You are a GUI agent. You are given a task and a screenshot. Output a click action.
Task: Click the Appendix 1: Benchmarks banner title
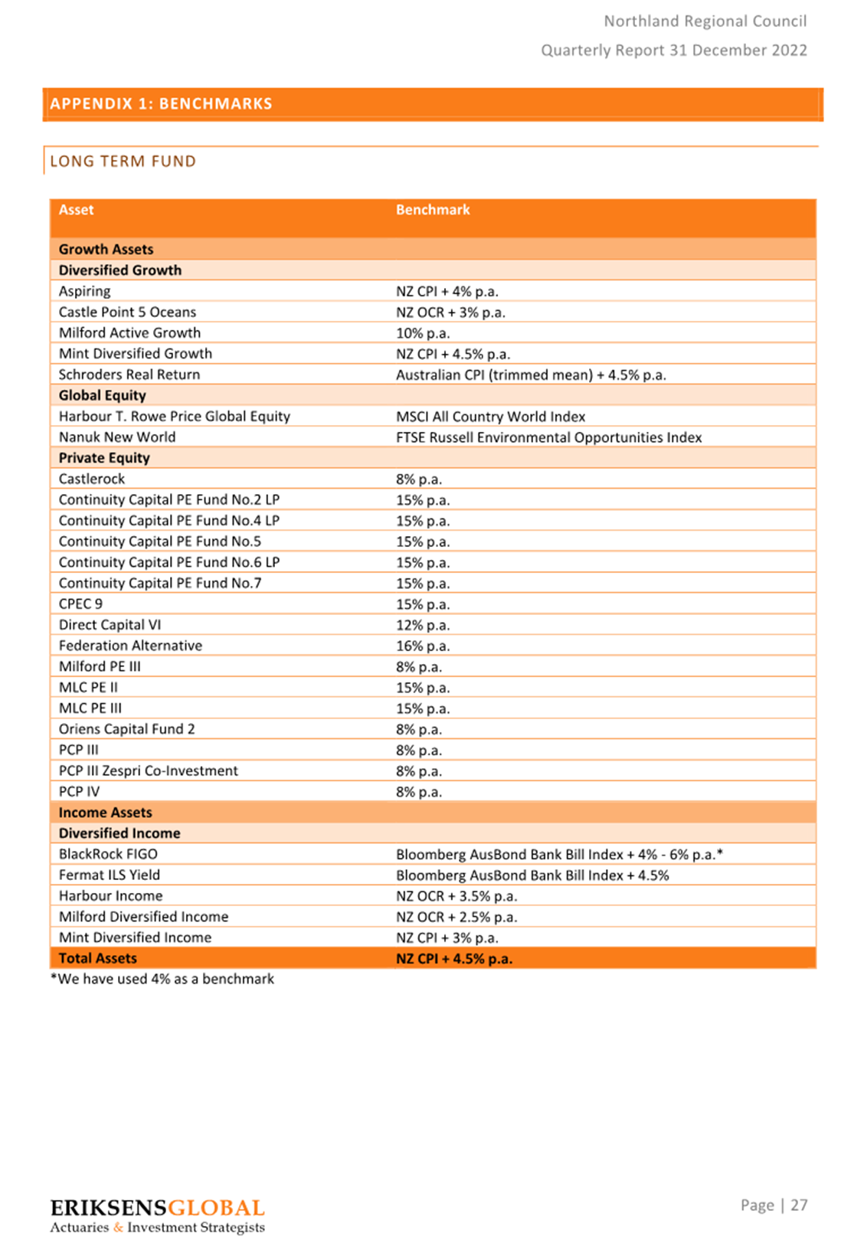click(161, 103)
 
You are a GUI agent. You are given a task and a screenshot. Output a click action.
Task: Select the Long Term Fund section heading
click(123, 162)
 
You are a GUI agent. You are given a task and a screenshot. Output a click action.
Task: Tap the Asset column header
click(76, 210)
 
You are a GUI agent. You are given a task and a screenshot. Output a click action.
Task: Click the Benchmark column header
click(433, 210)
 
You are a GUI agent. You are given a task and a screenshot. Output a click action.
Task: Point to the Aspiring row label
click(84, 291)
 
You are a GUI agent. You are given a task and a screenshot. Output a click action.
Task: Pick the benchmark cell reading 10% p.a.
click(423, 333)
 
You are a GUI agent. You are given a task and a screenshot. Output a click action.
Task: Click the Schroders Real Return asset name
click(129, 375)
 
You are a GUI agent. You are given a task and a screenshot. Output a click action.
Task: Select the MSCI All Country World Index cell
click(490, 417)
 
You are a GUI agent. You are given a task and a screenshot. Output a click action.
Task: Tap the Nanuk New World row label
click(116, 437)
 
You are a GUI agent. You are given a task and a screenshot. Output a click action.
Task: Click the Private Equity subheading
click(104, 458)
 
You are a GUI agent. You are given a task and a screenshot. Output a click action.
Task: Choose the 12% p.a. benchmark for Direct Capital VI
click(423, 625)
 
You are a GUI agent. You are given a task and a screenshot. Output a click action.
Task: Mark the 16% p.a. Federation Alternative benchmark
click(423, 646)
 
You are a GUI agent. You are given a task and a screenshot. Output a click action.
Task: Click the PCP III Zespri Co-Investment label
click(148, 770)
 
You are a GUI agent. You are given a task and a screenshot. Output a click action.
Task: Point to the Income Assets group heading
click(105, 813)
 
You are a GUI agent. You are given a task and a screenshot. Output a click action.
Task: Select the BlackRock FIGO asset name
click(108, 854)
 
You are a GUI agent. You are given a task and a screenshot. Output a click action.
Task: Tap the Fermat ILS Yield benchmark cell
click(532, 875)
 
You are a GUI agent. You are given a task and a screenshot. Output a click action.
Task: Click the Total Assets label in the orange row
click(97, 958)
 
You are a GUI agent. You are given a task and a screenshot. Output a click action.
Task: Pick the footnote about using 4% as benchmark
click(162, 979)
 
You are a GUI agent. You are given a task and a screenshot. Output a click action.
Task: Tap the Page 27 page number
click(774, 1206)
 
